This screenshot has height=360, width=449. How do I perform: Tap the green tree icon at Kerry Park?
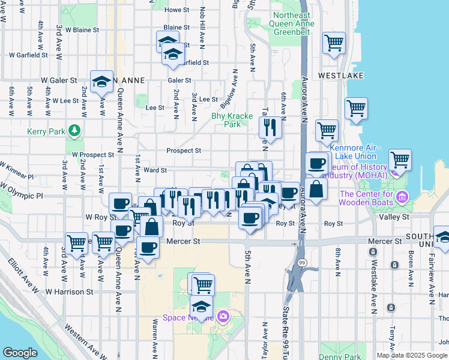tap(74, 130)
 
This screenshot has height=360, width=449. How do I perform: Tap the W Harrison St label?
tap(73, 292)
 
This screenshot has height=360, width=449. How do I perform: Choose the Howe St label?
tap(176, 10)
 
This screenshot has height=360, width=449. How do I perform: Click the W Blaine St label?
tap(82, 29)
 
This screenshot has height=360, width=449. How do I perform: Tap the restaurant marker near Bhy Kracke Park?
tap(270, 127)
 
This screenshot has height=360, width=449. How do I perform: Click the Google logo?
tap(20, 353)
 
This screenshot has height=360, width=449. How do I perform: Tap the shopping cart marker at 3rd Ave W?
tap(76, 244)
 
